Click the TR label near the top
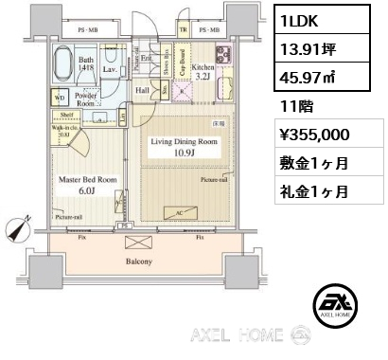(x=184, y=30)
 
